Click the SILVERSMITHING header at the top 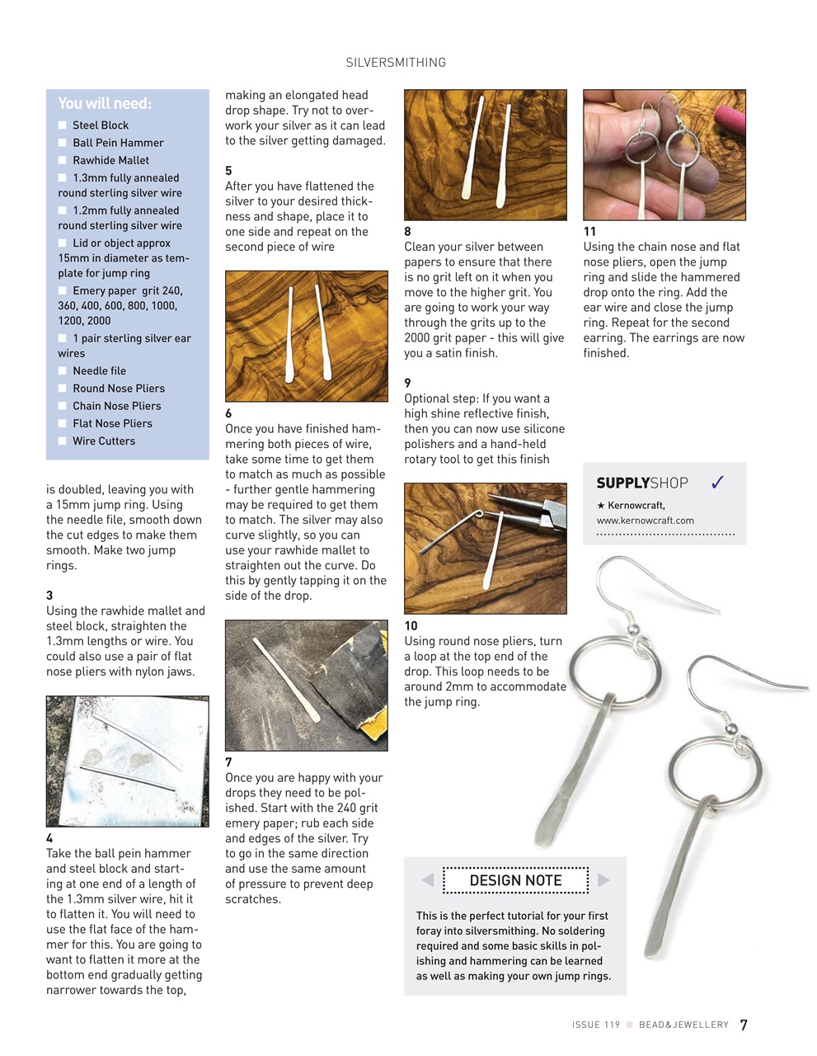(x=396, y=63)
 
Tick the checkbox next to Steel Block (x=63, y=125)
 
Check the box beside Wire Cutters (x=63, y=441)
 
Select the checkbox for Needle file (x=63, y=371)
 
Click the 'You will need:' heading (x=105, y=104)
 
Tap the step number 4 (x=49, y=838)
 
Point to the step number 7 (x=228, y=762)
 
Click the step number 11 (x=589, y=232)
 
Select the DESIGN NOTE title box (x=515, y=880)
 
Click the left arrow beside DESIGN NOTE (x=428, y=880)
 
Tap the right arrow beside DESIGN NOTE (x=603, y=880)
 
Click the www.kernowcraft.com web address (x=645, y=521)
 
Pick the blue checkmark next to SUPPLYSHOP (x=717, y=483)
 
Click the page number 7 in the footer (x=744, y=1025)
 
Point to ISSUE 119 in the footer (x=595, y=1025)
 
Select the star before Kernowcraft (x=600, y=505)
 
